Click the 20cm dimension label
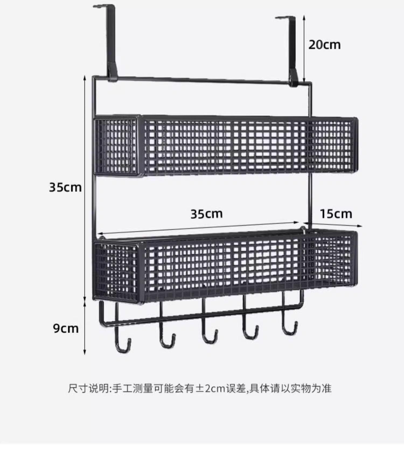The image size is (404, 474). point(324,45)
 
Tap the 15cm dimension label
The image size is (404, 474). point(336,214)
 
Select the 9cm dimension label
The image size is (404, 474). point(66,329)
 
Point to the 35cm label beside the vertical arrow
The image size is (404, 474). point(65,187)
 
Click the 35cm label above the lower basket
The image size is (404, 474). point(207,214)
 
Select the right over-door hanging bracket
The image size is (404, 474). point(292,48)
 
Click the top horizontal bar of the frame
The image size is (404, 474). point(202,80)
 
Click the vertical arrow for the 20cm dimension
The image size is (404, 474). point(304,48)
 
